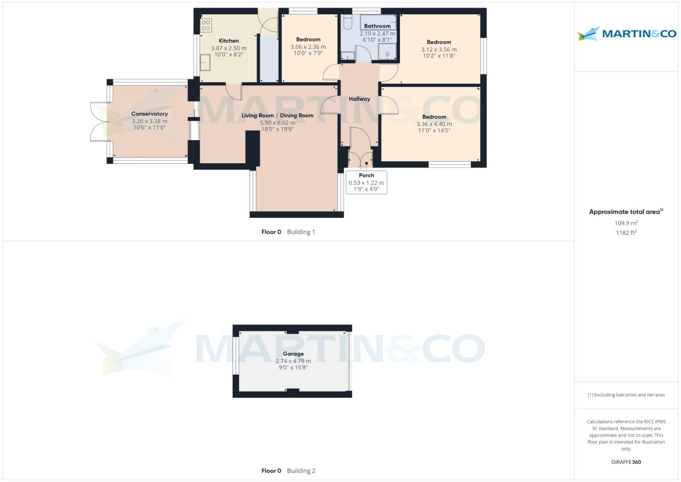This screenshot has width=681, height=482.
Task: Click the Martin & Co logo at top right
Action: pos(626,33)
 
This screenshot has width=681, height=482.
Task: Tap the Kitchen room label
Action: pos(228,41)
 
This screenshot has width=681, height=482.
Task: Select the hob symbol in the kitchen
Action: pos(206,25)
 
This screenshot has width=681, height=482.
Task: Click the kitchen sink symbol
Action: pos(205,62)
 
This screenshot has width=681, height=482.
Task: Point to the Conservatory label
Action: pos(149,114)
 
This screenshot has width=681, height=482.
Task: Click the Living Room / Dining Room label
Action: pos(277,116)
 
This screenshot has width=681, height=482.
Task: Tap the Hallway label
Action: pos(359,99)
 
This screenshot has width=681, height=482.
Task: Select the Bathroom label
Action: pos(377,26)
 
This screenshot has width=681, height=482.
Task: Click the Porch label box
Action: pos(366,182)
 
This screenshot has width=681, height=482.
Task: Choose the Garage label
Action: pos(293,354)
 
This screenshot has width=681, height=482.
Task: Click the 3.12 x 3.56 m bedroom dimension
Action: pos(439,50)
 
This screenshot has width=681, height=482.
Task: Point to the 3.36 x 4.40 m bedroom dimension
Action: pos(434,124)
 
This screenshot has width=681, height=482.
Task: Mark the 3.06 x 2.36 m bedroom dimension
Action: pos(308,47)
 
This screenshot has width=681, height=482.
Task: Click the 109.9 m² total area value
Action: pos(626,223)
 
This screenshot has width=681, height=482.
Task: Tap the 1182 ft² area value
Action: pos(626,233)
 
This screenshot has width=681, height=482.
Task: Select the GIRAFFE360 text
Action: pos(626,462)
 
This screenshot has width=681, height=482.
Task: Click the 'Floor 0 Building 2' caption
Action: pos(288,471)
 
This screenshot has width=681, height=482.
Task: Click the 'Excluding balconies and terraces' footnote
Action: pos(626,395)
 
